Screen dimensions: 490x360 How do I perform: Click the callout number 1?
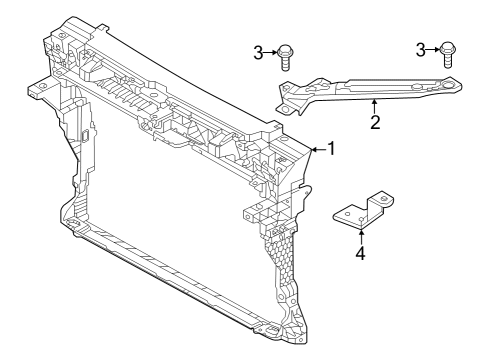pos(331,149)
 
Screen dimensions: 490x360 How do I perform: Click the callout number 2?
pos(375,122)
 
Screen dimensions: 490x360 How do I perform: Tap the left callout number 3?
pos(258,53)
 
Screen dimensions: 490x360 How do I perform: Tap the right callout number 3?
pos(421,50)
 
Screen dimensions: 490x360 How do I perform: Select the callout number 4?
pos(361,253)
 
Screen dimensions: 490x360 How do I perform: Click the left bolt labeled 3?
pos(284,57)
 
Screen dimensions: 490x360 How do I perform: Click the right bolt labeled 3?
pos(448,55)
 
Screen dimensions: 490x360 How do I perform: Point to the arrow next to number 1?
pos(319,150)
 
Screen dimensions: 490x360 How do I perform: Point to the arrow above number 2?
pos(374,107)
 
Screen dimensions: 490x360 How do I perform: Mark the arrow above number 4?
pos(361,237)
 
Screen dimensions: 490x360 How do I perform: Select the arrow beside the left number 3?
pos(270,53)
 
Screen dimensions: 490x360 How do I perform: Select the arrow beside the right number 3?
pos(433,50)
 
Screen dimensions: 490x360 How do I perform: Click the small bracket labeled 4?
pos(364,212)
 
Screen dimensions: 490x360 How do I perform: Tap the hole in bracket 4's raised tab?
pos(384,200)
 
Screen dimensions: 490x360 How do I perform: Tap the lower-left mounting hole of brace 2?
pos(284,109)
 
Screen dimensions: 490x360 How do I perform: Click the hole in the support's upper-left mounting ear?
pos(42,87)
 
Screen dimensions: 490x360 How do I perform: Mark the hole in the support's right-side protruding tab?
pos(249,217)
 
